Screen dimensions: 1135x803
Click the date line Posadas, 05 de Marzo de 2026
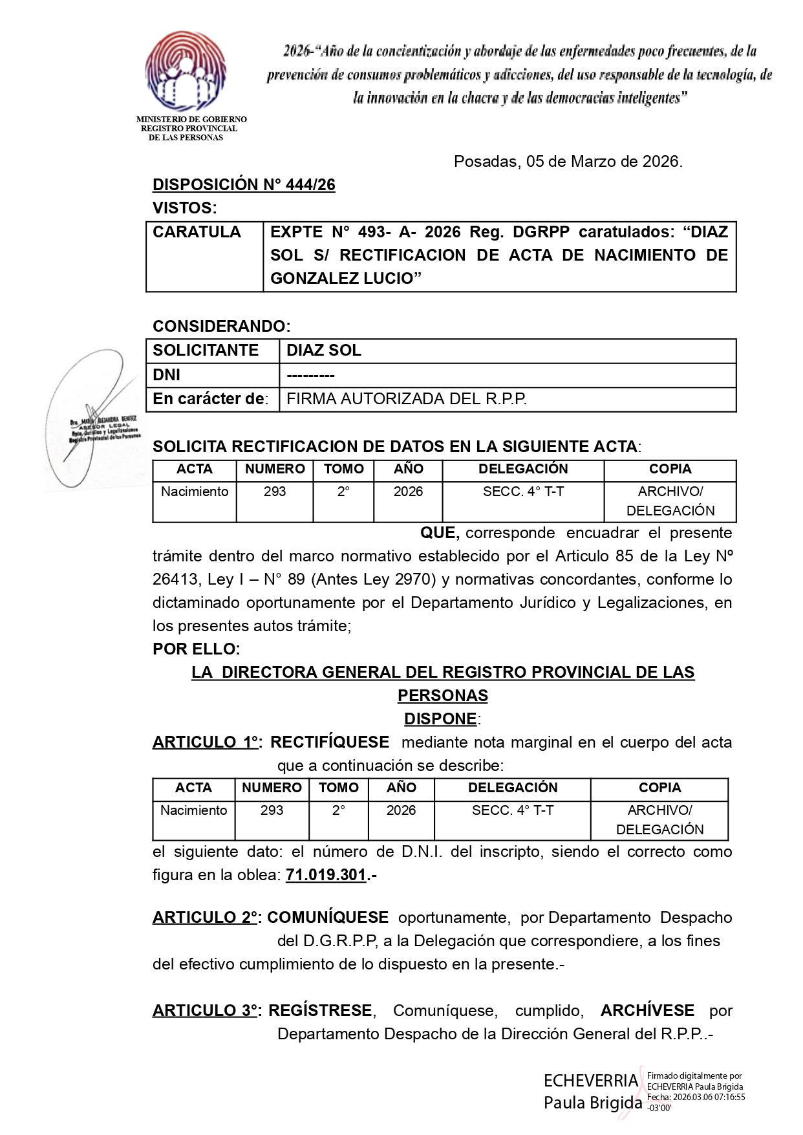tap(568, 162)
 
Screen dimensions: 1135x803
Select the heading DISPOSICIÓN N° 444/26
tap(244, 185)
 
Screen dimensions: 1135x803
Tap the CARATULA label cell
tap(197, 232)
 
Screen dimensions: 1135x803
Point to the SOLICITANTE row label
tap(206, 351)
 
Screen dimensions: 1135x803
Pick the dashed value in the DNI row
tap(310, 376)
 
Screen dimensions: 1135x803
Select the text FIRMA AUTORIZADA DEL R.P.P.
tap(407, 400)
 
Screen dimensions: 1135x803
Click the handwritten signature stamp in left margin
tap(94, 420)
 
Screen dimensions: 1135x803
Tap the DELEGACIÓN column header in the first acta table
tap(523, 469)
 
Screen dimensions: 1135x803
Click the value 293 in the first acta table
tap(275, 492)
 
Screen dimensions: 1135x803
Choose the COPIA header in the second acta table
tap(659, 788)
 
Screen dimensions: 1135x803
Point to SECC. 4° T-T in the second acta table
tap(513, 810)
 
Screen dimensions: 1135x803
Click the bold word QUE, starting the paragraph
tap(440, 533)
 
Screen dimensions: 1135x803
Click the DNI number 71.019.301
tap(327, 876)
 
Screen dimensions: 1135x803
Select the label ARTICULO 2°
tap(206, 918)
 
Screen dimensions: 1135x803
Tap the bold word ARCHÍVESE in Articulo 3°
tap(647, 1011)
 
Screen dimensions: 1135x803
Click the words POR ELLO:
tap(197, 649)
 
